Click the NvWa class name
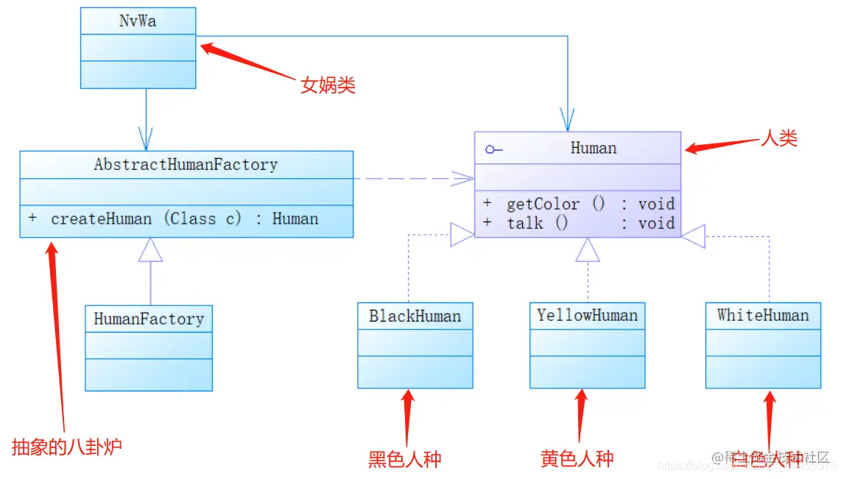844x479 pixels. tap(138, 21)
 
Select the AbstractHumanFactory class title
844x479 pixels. tap(186, 165)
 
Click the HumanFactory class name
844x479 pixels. tap(149, 319)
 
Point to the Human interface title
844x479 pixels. tap(593, 148)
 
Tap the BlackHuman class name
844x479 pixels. tap(415, 316)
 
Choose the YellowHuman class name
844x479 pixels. tap(587, 316)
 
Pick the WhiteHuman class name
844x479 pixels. tap(762, 316)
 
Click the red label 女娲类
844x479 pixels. tap(328, 85)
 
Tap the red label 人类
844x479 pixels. tap(778, 138)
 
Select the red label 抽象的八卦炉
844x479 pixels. tap(66, 447)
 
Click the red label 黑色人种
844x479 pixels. tap(404, 460)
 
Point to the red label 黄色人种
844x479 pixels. tap(577, 459)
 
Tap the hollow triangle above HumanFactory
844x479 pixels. tap(150, 250)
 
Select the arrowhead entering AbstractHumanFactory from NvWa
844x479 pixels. tap(145, 139)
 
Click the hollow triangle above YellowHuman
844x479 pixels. tap(588, 250)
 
